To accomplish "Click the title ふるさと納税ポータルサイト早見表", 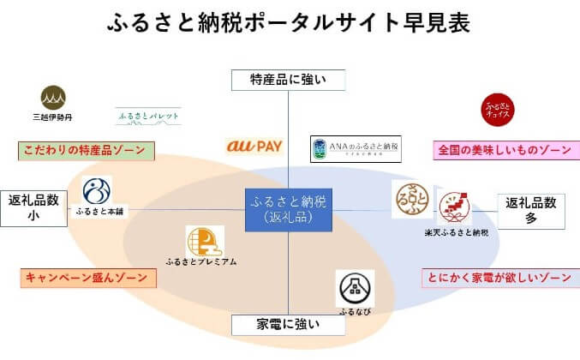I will point(289,22).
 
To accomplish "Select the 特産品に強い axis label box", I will point(289,80).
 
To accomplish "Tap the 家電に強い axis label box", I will point(289,324).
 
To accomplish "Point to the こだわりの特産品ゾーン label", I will point(85,150).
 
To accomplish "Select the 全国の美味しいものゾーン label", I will point(502,150).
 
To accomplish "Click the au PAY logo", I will point(254,147).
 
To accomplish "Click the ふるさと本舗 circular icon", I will point(97,191).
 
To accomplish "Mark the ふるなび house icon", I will point(354,285).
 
